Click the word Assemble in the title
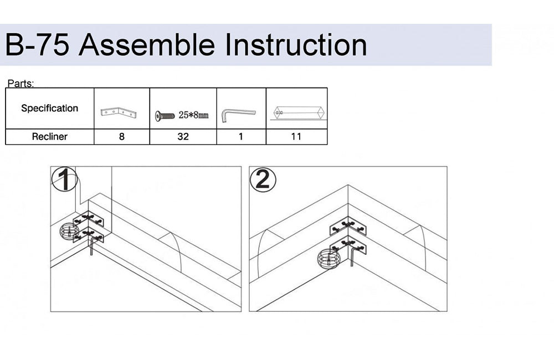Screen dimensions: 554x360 coord(147,45)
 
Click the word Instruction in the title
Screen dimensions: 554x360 coord(296,45)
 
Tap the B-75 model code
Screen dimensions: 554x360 coord(37,45)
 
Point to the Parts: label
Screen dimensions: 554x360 coord(21,84)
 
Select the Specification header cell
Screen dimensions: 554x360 coord(49,108)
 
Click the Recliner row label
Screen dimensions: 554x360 coord(49,137)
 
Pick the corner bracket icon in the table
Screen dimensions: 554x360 coord(119,112)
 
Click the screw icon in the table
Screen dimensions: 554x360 coord(165,116)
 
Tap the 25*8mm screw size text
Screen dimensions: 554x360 coord(193,115)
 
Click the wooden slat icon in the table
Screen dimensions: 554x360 coord(299,112)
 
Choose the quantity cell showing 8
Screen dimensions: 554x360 coord(121,137)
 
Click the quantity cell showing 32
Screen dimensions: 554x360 coord(183,137)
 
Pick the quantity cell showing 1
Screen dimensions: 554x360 coord(241,137)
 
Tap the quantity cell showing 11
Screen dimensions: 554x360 coord(296,137)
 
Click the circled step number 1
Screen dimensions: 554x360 coord(64,179)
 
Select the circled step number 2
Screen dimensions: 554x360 coord(263,179)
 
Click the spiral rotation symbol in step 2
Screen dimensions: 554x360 coord(329,259)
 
